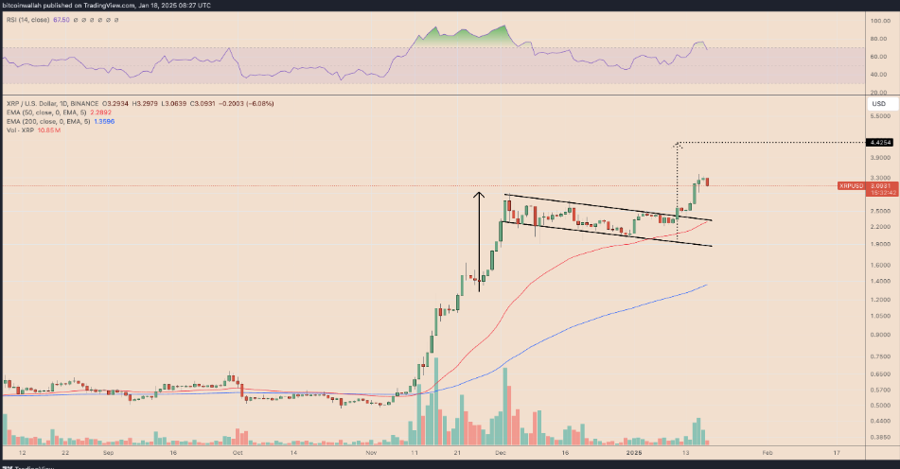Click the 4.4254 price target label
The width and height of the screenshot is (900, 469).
click(x=880, y=143)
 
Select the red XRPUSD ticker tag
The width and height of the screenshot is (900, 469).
click(x=851, y=186)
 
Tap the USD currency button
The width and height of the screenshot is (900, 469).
click(x=878, y=103)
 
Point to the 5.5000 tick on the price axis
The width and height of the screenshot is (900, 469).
click(x=879, y=116)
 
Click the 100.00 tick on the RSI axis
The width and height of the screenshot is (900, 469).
click(x=879, y=20)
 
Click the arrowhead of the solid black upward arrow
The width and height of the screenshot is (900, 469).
click(x=480, y=196)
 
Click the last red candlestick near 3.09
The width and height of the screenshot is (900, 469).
click(x=706, y=182)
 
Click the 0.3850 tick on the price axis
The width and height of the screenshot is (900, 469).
click(x=879, y=438)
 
